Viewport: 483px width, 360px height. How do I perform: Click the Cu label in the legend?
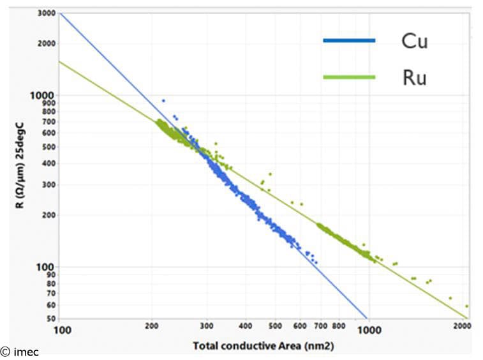[414, 41]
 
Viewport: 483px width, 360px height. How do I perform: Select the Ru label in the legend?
[414, 78]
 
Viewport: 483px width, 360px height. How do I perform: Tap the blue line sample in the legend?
[349, 41]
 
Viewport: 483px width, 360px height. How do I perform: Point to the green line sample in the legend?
[349, 77]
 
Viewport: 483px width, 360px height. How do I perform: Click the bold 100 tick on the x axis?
[62, 330]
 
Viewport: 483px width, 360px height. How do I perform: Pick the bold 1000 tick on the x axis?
[369, 330]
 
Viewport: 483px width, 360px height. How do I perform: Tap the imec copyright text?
[19, 352]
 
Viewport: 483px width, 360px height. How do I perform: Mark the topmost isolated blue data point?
[163, 100]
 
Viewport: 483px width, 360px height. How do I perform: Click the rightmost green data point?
[466, 306]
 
